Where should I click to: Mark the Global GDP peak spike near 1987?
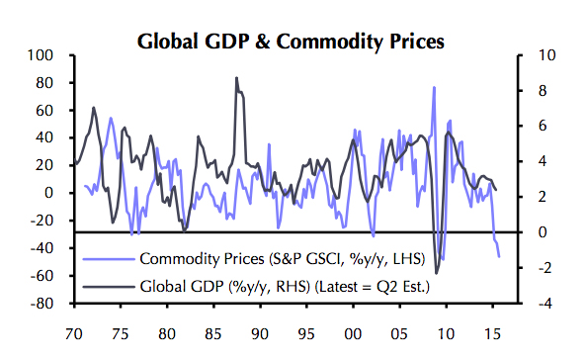(236, 78)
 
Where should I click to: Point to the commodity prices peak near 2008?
(434, 88)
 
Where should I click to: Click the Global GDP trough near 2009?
(437, 272)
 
